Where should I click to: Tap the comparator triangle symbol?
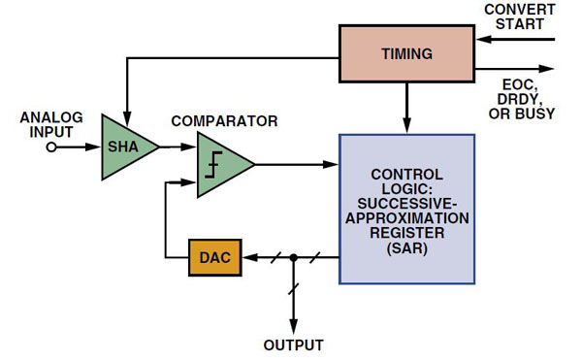[x=221, y=164]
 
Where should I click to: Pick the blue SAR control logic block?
[x=406, y=209]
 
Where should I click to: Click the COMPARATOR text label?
[x=224, y=121]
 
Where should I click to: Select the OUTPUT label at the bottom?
[x=294, y=345]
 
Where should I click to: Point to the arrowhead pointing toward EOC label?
[x=550, y=68]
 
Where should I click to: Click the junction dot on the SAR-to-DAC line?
[x=294, y=257]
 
